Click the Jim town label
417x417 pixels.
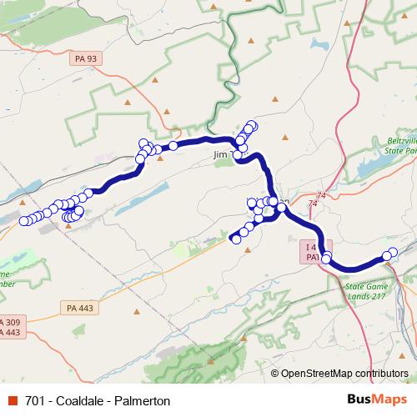point(220,155)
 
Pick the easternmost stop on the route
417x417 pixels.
point(393,252)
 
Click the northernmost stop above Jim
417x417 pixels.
point(252,126)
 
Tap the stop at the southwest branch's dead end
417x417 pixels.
point(236,239)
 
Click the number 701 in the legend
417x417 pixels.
point(35,400)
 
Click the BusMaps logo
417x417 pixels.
point(372,400)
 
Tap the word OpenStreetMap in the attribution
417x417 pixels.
point(318,373)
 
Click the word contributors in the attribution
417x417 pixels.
point(382,373)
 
